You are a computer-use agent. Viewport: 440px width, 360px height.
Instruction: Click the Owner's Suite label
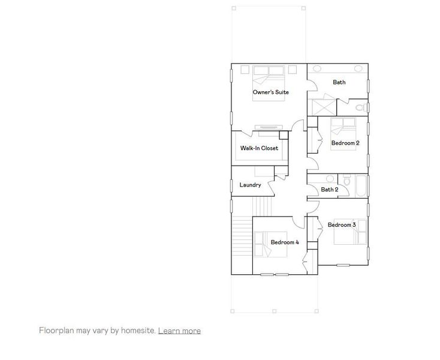coord(270,92)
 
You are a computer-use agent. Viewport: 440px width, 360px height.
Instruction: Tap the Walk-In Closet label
coord(259,148)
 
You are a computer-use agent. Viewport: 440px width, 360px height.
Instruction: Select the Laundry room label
coord(250,185)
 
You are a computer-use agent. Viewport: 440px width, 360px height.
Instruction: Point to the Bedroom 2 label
coord(345,143)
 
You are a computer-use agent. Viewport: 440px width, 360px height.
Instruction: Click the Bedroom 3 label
coord(342,224)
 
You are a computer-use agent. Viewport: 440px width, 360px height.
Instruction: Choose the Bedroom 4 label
coord(284,242)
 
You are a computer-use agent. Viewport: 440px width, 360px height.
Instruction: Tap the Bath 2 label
coord(329,190)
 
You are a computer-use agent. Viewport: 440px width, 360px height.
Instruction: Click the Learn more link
coord(179,331)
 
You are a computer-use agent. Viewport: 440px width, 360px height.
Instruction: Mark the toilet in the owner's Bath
coord(361,107)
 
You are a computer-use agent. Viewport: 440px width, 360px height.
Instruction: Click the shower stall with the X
coord(321,107)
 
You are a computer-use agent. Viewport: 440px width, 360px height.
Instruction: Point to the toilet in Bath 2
coord(346,181)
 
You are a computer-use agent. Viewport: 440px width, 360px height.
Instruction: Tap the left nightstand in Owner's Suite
coord(245,70)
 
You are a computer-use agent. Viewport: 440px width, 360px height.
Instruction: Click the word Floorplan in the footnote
coord(55,331)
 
